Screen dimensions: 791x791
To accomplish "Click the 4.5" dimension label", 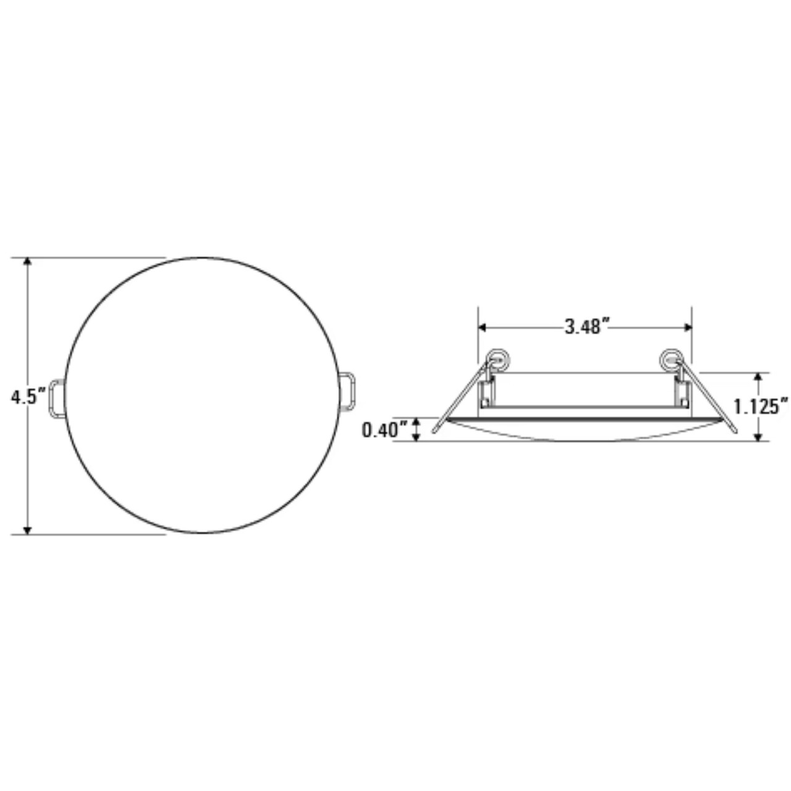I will (28, 397).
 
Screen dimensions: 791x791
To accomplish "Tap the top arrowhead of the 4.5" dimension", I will (27, 262).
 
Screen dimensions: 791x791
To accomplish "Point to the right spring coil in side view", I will (670, 357).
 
